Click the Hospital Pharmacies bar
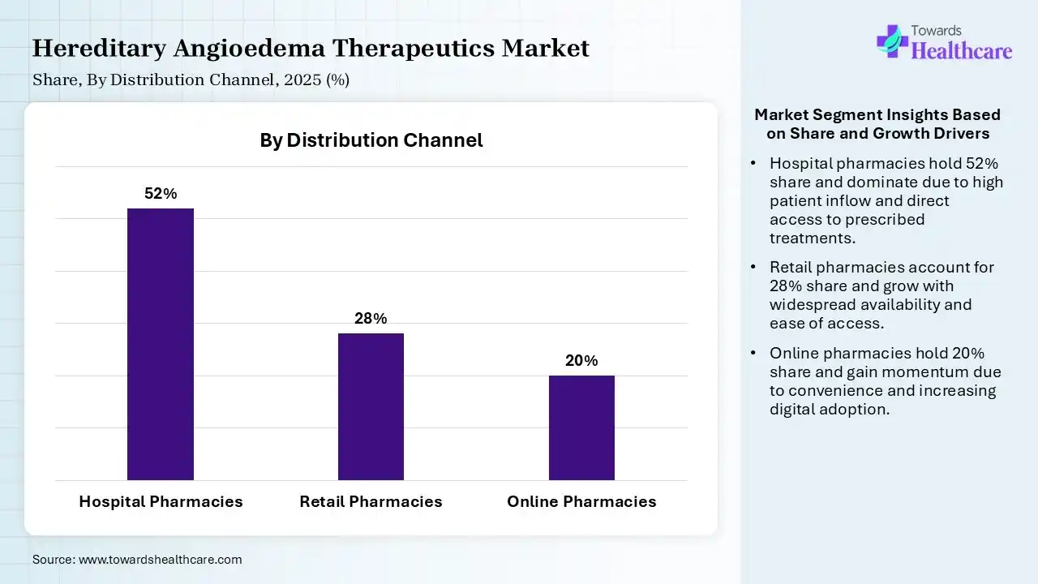point(161,344)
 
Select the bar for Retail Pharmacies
point(371,406)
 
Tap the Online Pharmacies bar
point(581,427)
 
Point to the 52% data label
point(161,194)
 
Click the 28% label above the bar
point(371,319)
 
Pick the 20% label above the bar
point(581,361)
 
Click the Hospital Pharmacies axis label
point(161,501)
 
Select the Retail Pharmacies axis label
point(371,501)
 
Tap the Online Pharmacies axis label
point(581,501)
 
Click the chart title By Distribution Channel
point(371,140)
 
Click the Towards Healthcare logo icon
point(891,41)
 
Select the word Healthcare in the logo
point(962,51)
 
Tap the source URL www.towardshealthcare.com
point(160,560)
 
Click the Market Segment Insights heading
point(877,123)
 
